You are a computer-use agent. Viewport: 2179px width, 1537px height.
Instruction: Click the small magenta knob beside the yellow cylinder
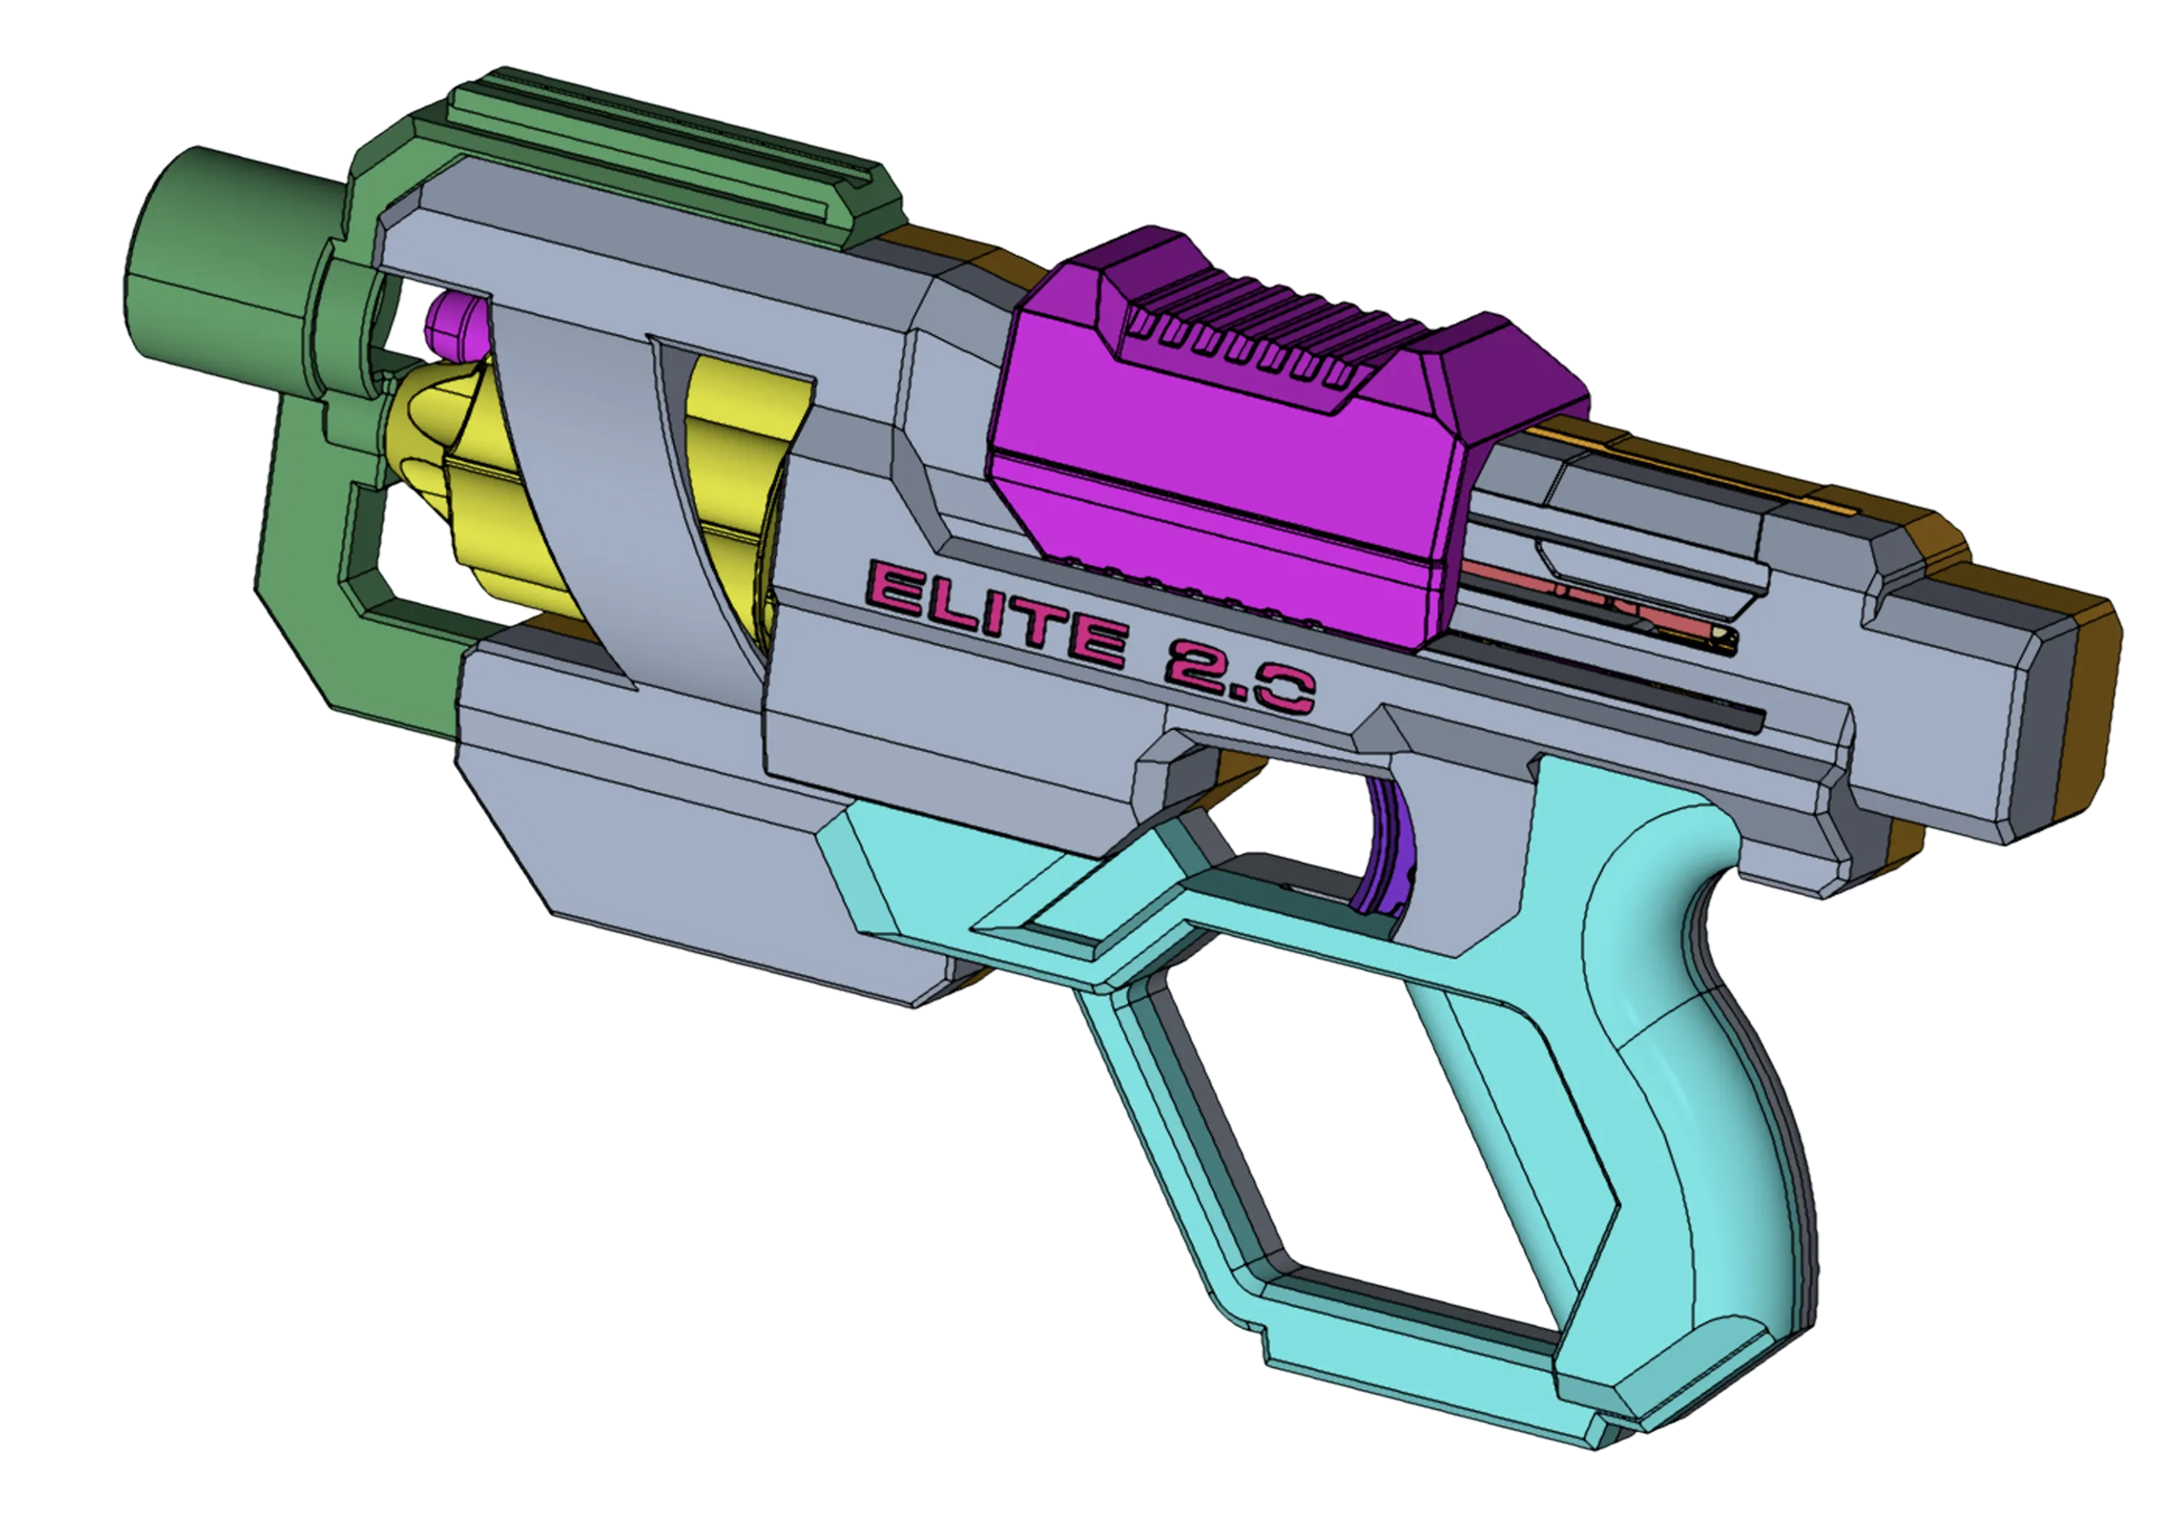(x=455, y=328)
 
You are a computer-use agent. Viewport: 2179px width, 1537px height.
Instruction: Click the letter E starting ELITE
(x=892, y=589)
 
